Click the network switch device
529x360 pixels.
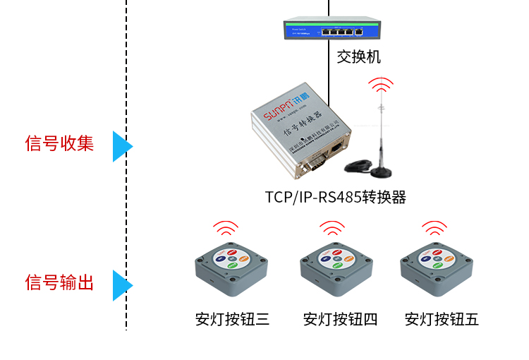coord(329,30)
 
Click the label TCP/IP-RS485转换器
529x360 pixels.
coord(336,197)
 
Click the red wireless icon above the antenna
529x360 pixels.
coord(382,85)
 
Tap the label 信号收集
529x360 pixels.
coord(59,143)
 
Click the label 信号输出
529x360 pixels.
coord(59,283)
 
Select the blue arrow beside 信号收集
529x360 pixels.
coord(121,146)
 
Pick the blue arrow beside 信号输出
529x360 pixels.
coord(121,285)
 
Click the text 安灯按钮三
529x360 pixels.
coord(232,319)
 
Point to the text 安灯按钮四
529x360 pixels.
coord(341,319)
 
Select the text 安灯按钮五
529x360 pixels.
coord(442,319)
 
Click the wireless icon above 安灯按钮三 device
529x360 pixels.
coord(226,229)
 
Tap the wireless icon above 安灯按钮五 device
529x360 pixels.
coord(434,229)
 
